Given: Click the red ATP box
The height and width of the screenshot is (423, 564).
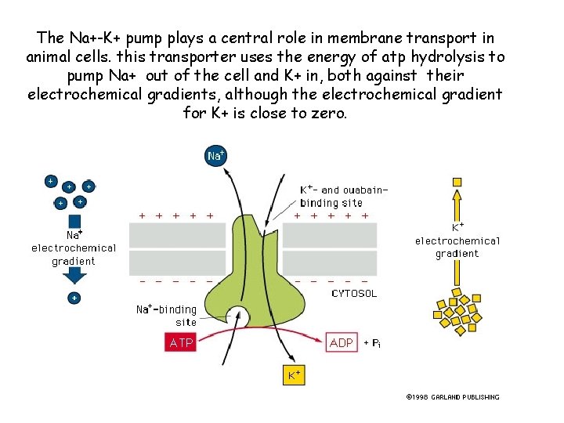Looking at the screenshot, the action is (x=181, y=342).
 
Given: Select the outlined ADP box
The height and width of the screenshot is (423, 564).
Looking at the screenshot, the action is (x=342, y=342).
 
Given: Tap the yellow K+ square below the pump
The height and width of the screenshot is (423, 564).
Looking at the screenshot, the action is (x=294, y=375).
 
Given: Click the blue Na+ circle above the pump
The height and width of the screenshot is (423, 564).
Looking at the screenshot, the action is (x=215, y=156).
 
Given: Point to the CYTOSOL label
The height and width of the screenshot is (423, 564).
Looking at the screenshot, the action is (x=354, y=294).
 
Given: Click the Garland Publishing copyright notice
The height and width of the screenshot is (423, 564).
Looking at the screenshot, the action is (x=453, y=397).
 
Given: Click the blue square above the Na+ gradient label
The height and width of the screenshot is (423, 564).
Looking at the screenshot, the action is (x=74, y=221).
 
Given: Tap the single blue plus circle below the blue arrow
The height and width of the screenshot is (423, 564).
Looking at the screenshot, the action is (x=74, y=298).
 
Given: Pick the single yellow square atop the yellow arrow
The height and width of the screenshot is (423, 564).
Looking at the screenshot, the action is (x=457, y=182).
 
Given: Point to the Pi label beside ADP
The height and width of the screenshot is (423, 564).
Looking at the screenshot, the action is (x=376, y=343).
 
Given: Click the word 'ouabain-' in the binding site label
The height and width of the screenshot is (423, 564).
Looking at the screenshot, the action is (x=365, y=190).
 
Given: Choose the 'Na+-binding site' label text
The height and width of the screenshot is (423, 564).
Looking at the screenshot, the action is (x=167, y=316).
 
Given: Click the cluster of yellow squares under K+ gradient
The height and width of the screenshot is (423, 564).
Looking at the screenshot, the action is (x=457, y=312).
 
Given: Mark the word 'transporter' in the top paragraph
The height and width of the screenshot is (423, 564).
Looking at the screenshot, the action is (x=193, y=57).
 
